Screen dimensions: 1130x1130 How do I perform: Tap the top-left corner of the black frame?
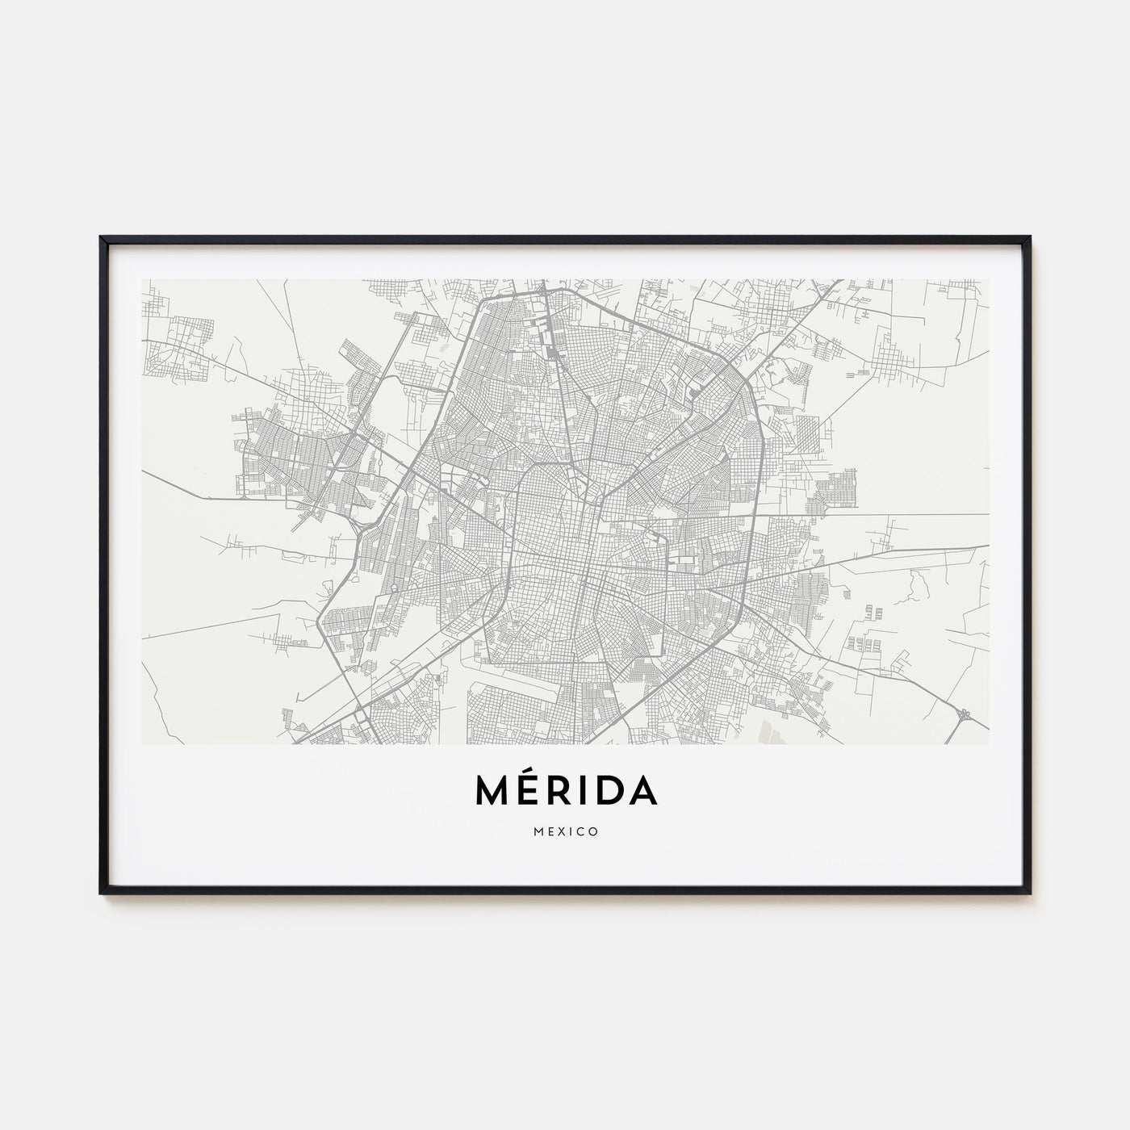102,238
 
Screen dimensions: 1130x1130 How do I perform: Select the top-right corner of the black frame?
1029,238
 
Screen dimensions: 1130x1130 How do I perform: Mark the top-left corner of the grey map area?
142,280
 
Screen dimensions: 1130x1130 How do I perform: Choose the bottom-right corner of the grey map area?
989,743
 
